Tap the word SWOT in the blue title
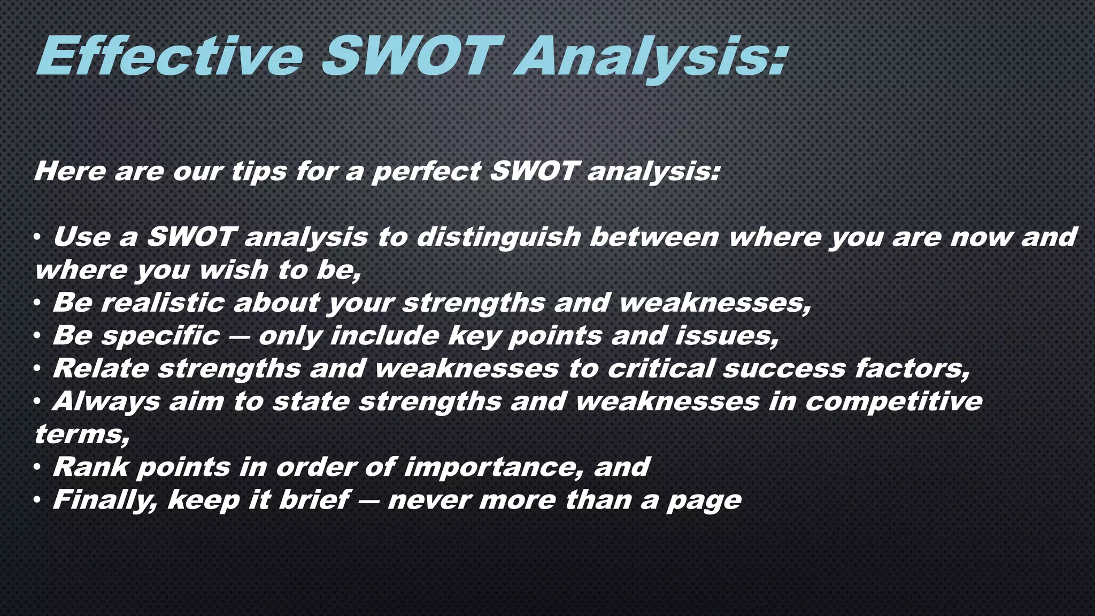412,57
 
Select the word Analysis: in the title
650,59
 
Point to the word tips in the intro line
259,173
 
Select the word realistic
163,303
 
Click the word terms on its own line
80,435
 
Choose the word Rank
91,467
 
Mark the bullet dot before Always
37,402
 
